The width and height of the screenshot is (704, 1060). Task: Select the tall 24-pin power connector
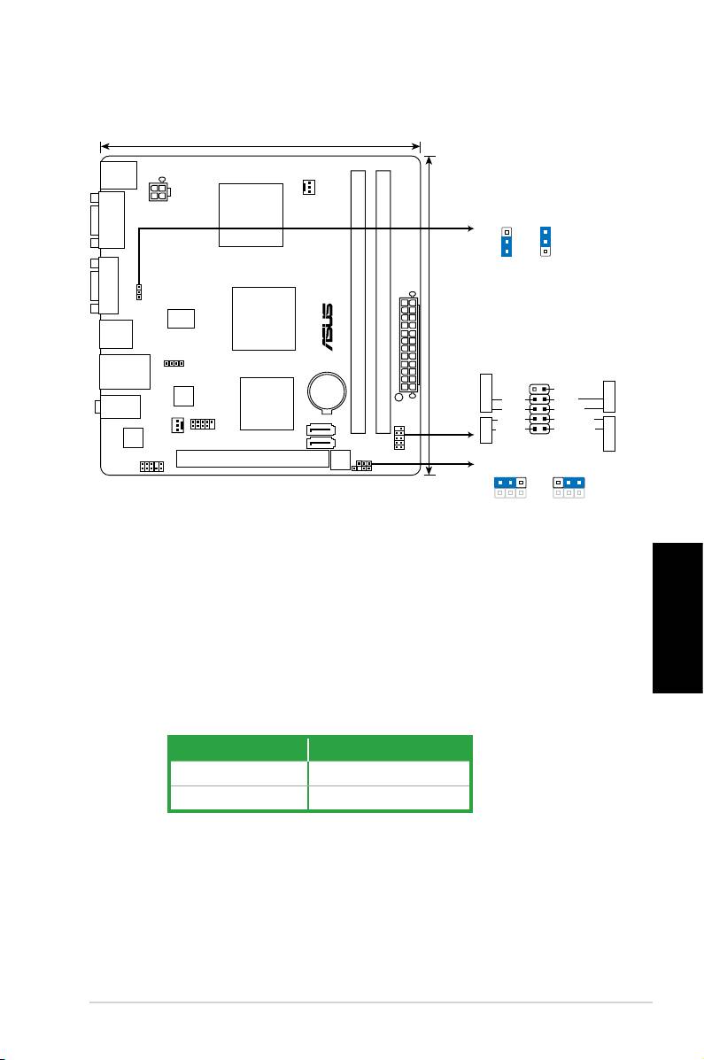[408, 346]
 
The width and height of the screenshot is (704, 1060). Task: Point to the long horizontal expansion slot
[251, 459]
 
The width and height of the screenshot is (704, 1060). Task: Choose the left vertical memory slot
[357, 302]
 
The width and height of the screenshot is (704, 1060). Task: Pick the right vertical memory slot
[383, 302]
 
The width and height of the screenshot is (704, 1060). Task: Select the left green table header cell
[238, 745]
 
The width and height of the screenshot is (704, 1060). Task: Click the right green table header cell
[390, 745]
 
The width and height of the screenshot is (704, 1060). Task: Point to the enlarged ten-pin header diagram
[540, 409]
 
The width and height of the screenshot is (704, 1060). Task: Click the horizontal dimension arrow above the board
[260, 145]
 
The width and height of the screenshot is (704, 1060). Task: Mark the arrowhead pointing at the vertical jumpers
[469, 228]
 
